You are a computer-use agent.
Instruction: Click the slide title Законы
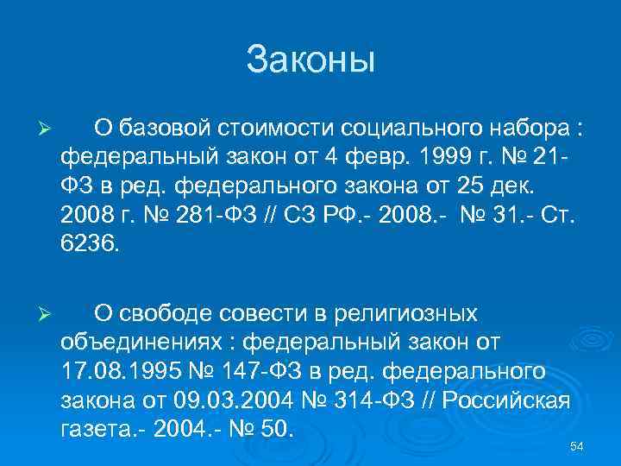click(x=310, y=60)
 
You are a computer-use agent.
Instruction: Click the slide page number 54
click(x=578, y=445)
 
